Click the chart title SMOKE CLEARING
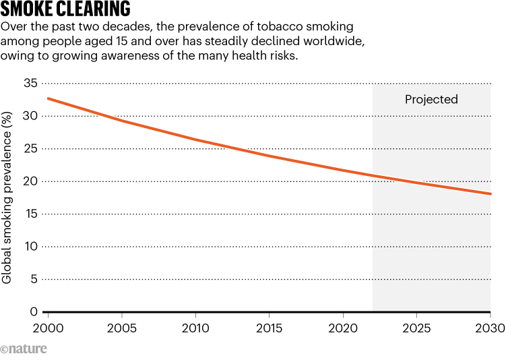(x=66, y=9)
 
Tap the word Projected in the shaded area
(x=431, y=100)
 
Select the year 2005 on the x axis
(x=121, y=328)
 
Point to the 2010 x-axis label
(x=195, y=328)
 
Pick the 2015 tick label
(x=269, y=328)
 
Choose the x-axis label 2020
(x=343, y=328)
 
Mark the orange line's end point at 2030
(x=491, y=194)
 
